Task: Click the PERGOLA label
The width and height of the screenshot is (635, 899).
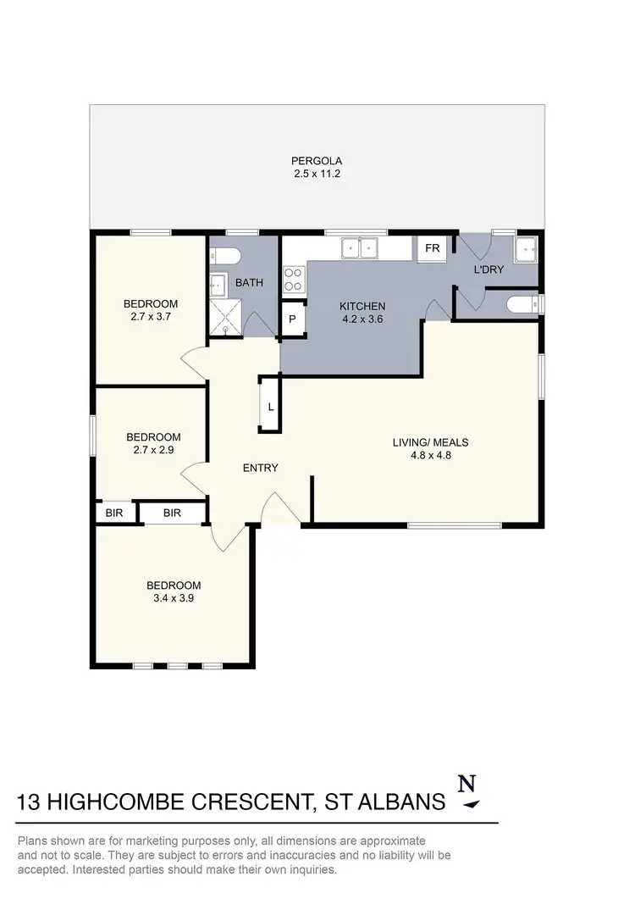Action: click(x=317, y=160)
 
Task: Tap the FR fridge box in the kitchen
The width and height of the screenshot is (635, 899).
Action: click(x=432, y=248)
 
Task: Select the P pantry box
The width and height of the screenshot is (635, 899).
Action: click(x=292, y=319)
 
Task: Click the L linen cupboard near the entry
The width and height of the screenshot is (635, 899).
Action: click(x=270, y=406)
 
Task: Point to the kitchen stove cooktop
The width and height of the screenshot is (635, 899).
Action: click(x=294, y=279)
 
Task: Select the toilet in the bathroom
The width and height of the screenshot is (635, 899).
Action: click(x=227, y=256)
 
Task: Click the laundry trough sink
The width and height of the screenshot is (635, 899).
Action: click(x=526, y=250)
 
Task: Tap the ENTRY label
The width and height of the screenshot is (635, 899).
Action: click(x=260, y=468)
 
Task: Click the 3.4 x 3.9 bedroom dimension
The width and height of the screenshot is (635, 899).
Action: click(x=174, y=599)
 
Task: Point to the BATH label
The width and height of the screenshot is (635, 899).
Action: click(x=249, y=282)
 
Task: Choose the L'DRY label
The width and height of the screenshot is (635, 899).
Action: click(x=489, y=269)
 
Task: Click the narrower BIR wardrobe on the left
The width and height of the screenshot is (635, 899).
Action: click(x=113, y=513)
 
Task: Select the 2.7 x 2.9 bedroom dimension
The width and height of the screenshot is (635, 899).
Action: click(x=153, y=451)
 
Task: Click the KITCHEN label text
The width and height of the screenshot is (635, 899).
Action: click(x=362, y=307)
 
